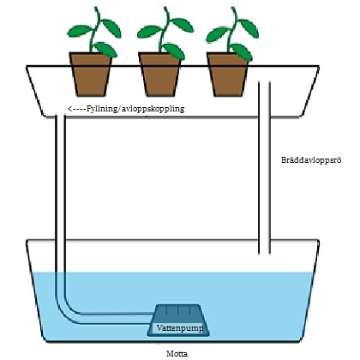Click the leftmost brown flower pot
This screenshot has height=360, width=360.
click(x=90, y=75)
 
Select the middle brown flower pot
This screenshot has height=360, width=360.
click(x=159, y=75)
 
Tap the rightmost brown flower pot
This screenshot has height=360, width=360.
click(x=228, y=75)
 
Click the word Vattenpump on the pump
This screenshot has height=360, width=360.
click(x=180, y=327)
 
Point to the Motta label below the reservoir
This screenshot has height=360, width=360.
click(x=177, y=353)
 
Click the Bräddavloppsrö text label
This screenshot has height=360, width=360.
click(x=311, y=159)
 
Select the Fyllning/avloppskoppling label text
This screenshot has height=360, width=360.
click(x=135, y=109)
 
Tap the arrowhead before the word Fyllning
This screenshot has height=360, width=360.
click(x=69, y=109)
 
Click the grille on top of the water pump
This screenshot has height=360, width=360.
click(x=177, y=310)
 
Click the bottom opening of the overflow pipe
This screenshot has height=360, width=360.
click(x=264, y=253)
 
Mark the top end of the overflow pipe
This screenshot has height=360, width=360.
click(x=264, y=82)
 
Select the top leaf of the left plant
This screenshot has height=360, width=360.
click(x=111, y=27)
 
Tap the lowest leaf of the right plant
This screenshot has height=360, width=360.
click(x=242, y=52)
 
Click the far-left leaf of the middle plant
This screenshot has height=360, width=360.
click(x=149, y=32)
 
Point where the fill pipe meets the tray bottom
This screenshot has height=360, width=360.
click(x=60, y=115)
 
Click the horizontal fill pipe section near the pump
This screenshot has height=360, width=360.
click(x=114, y=319)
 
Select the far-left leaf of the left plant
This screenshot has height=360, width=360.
click(x=80, y=31)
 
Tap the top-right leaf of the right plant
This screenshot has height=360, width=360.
click(x=249, y=27)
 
